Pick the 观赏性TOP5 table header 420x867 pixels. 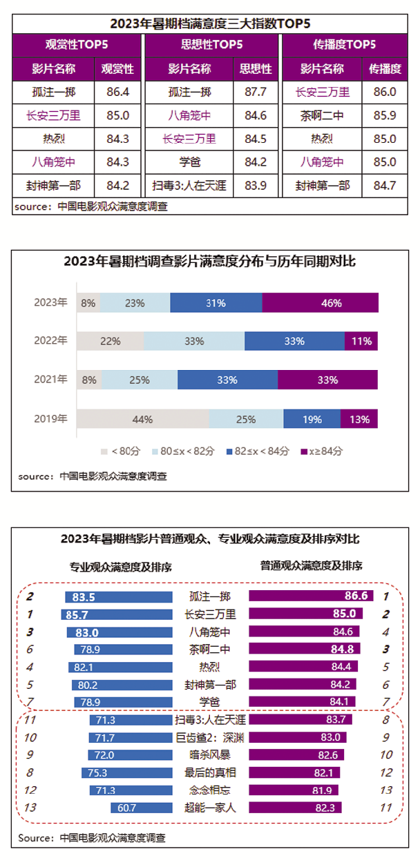pyautogui.click(x=76, y=45)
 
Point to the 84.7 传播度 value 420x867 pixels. pyautogui.click(x=385, y=186)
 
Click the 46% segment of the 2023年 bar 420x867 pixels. pyautogui.click(x=321, y=303)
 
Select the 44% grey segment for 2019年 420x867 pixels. pyautogui.click(x=143, y=418)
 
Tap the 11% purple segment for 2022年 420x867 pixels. pyautogui.click(x=361, y=341)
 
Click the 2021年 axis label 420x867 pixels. pyautogui.click(x=50, y=380)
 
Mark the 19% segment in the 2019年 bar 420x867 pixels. pyautogui.click(x=312, y=418)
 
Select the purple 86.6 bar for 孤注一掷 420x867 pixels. pyautogui.click(x=311, y=596)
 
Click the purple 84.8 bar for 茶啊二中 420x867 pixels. pyautogui.click(x=308, y=649)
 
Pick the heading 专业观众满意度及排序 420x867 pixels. pyautogui.click(x=121, y=567)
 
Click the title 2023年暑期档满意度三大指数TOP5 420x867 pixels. pyautogui.click(x=210, y=23)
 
